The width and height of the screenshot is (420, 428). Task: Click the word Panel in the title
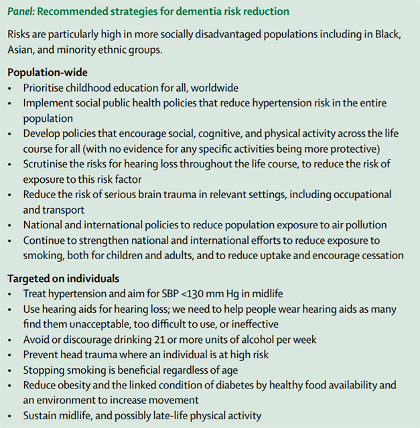pos(21,11)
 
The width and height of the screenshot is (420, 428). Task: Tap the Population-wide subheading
pos(48,72)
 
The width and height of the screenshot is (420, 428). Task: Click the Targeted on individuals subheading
pos(63,277)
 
